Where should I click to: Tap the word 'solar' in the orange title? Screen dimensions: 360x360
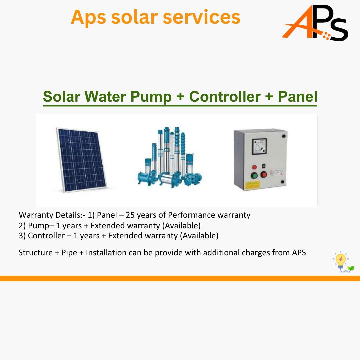(x=135, y=17)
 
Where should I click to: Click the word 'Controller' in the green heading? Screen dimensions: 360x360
(x=225, y=96)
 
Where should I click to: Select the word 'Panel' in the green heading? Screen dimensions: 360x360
(x=298, y=96)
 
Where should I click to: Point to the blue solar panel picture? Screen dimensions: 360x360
(x=82, y=160)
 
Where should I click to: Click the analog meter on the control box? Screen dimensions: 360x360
(x=259, y=146)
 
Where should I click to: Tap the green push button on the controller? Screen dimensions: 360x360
(x=254, y=176)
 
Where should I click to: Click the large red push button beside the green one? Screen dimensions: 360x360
(x=264, y=174)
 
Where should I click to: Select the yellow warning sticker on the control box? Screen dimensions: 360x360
(x=253, y=185)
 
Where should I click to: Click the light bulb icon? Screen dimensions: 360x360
(x=343, y=262)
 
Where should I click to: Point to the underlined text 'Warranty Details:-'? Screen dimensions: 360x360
(x=52, y=215)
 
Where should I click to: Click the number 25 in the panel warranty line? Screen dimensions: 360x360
(x=130, y=215)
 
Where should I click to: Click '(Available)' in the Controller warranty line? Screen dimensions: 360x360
(x=199, y=236)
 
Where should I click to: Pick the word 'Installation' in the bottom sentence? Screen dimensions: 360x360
(x=106, y=253)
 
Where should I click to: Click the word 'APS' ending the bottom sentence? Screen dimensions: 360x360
(x=299, y=253)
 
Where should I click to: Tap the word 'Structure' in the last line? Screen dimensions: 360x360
(x=36, y=253)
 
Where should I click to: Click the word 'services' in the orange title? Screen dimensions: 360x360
(x=202, y=17)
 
